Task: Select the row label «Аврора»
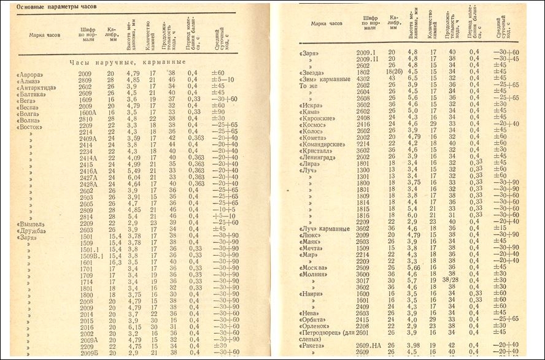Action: point(31,74)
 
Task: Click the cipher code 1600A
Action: point(87,112)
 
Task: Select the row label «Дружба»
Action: point(33,231)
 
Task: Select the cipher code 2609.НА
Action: point(369,346)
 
